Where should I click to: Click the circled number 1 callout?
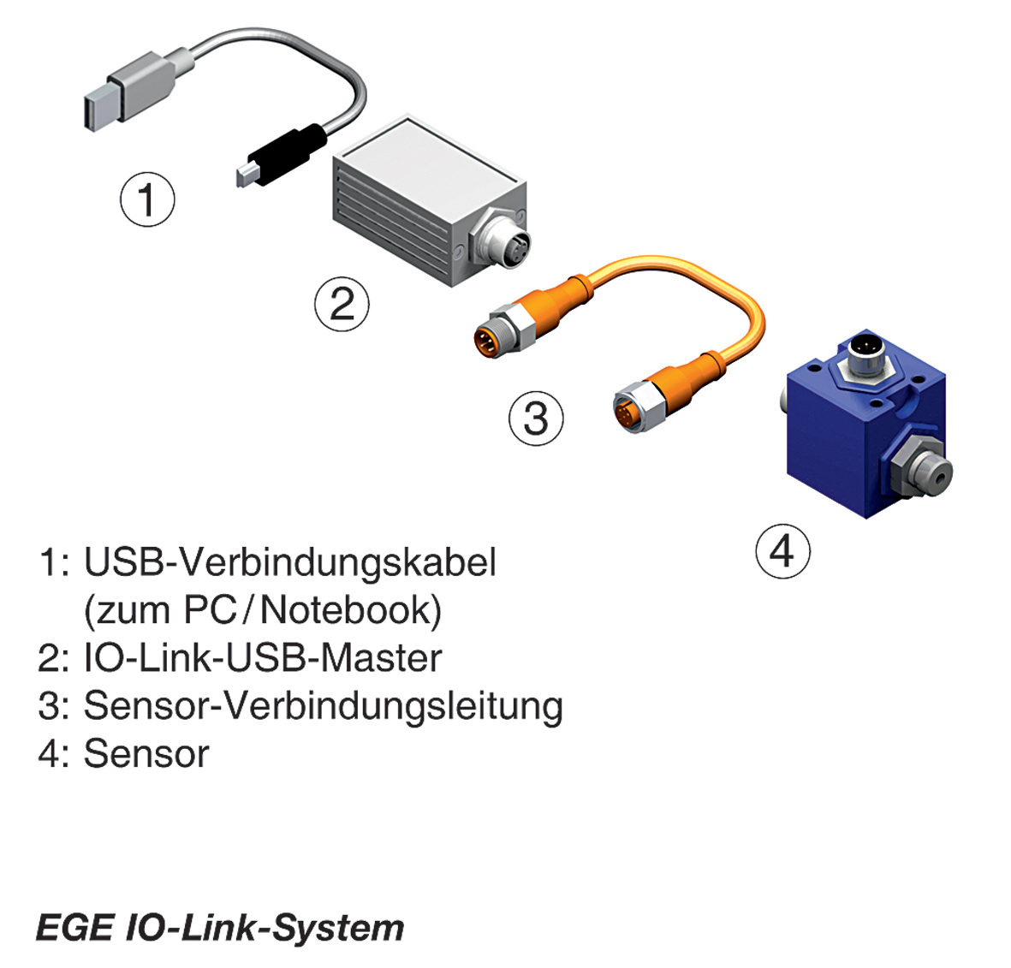click(147, 199)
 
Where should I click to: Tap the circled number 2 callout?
click(342, 304)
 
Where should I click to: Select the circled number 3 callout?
click(536, 419)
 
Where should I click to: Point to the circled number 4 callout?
click(782, 551)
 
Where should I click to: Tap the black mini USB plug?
click(282, 155)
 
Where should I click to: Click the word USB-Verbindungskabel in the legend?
click(289, 562)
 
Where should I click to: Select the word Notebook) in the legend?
click(351, 610)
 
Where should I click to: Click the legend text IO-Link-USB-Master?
click(262, 658)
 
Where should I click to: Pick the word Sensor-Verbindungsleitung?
click(323, 706)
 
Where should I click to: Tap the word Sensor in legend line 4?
click(146, 754)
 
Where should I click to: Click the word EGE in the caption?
click(74, 928)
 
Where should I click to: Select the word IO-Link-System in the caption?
click(265, 928)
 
